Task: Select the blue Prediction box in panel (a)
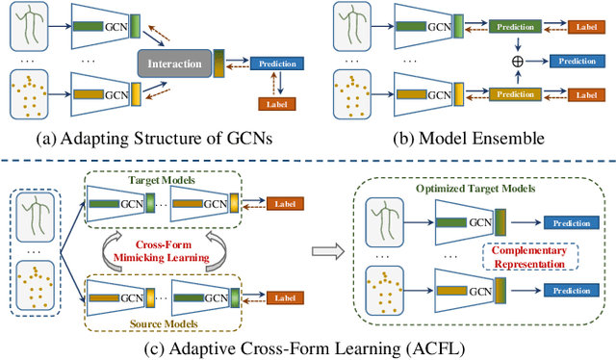[x=276, y=64]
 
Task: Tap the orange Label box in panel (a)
[x=276, y=103]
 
